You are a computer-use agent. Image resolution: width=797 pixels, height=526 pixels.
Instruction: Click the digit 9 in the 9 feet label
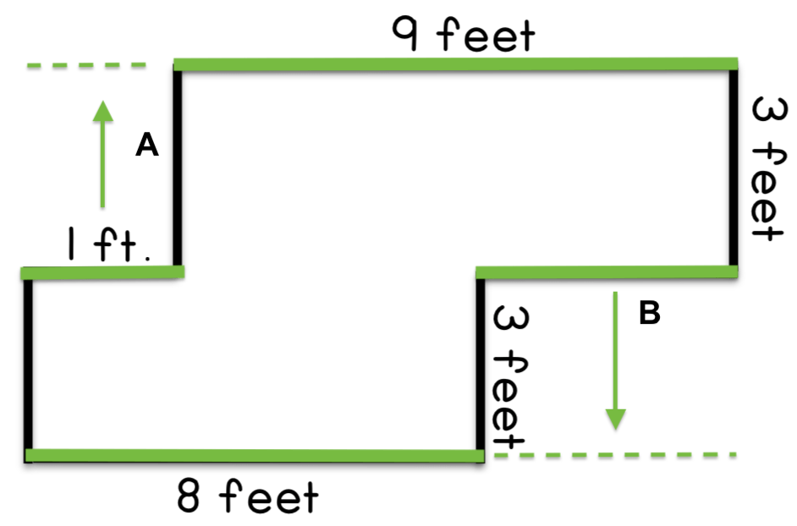click(405, 34)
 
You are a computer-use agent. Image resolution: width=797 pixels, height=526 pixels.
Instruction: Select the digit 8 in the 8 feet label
click(188, 495)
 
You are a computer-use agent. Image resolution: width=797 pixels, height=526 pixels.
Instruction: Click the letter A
click(147, 145)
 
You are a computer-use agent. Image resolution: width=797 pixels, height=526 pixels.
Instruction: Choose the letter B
click(650, 313)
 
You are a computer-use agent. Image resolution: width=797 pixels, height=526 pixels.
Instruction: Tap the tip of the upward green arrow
click(102, 101)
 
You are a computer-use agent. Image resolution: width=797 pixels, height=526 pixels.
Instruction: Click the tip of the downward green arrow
click(616, 430)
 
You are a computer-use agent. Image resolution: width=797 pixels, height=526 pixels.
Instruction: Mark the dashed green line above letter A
click(86, 65)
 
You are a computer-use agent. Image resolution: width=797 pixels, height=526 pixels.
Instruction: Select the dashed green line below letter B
click(615, 455)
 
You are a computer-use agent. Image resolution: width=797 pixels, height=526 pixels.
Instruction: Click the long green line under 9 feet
click(455, 64)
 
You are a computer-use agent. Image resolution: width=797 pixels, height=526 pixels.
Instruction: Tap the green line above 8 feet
click(255, 455)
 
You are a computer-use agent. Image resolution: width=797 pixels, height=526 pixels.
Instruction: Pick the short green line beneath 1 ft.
click(102, 273)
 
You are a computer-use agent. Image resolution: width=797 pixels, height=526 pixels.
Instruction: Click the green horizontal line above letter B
click(607, 272)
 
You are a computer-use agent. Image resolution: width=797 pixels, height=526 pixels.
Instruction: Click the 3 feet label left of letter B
click(510, 377)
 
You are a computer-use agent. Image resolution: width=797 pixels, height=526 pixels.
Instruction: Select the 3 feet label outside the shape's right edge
click(770, 169)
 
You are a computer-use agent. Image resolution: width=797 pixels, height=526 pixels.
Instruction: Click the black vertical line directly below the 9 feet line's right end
click(734, 167)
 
